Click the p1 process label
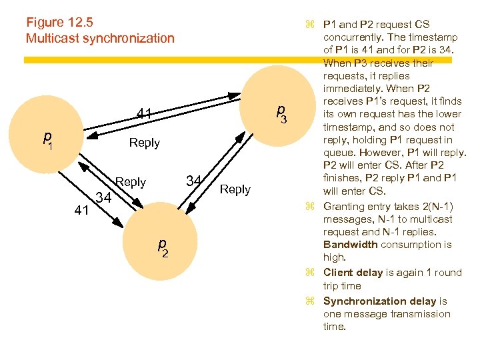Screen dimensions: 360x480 [x=47, y=139]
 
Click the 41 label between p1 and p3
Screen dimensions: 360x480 [x=144, y=114]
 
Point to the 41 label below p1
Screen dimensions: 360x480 [x=82, y=211]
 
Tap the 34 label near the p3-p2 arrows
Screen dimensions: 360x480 [x=194, y=181]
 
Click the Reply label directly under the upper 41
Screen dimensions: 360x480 [x=144, y=143]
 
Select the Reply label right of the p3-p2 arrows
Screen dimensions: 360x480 [x=235, y=189]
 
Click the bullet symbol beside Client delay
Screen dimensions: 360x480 [x=309, y=272]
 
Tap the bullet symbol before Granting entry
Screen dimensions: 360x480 [x=309, y=206]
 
